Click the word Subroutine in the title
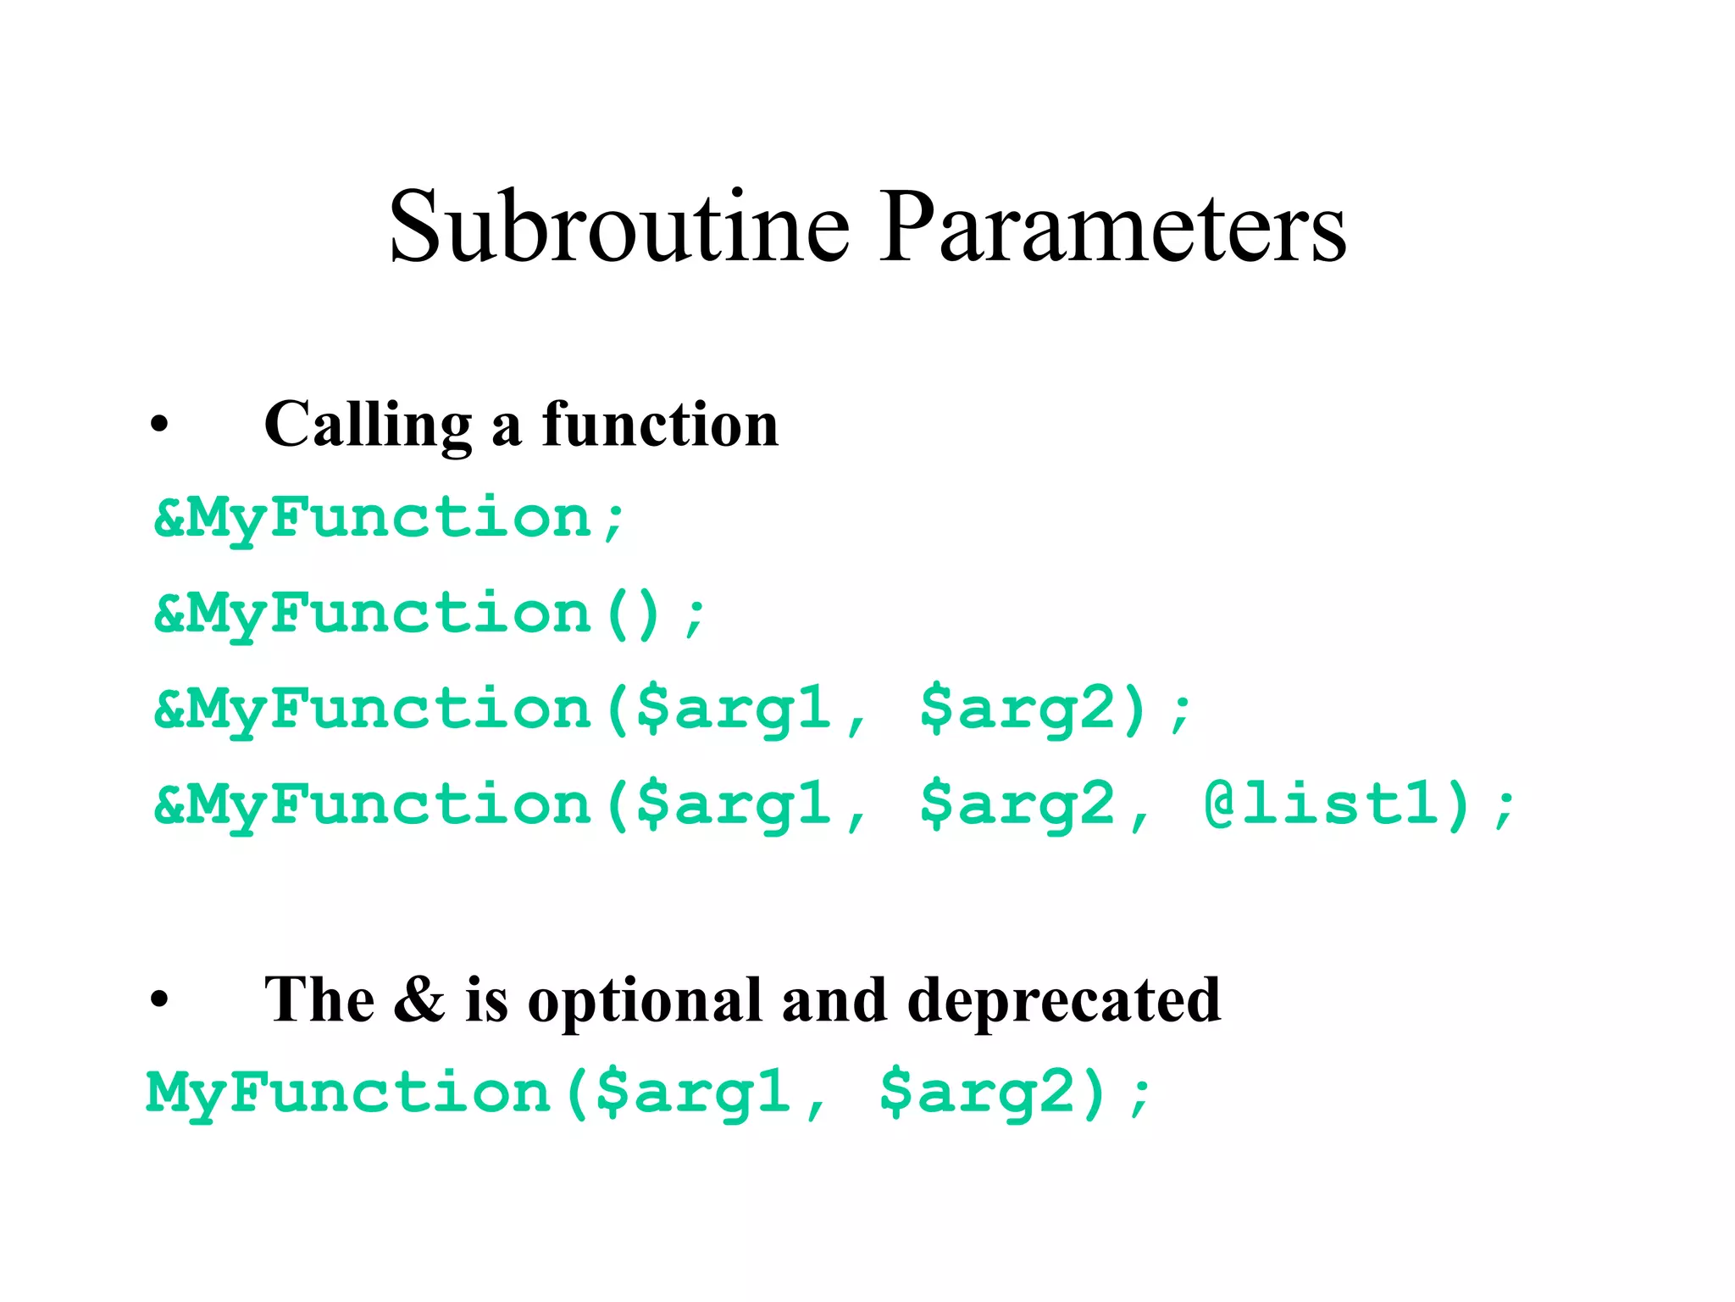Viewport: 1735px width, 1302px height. coord(618,227)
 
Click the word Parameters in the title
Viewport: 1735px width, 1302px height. coord(1111,227)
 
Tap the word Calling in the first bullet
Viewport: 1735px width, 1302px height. coord(368,424)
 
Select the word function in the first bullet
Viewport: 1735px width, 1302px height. coord(660,424)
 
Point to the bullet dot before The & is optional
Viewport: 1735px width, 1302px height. coord(159,1001)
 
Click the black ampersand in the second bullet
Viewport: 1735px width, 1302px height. coord(419,999)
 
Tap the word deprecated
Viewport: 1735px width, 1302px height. coord(1064,1000)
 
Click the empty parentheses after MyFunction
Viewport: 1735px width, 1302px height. coord(633,614)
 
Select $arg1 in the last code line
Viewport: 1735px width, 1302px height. coord(694,1093)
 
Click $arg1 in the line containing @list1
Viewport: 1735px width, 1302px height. coord(734,804)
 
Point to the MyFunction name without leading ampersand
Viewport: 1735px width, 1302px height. coord(349,1093)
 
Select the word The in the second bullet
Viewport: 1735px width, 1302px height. coord(319,999)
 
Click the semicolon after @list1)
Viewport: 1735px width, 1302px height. coord(1505,806)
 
